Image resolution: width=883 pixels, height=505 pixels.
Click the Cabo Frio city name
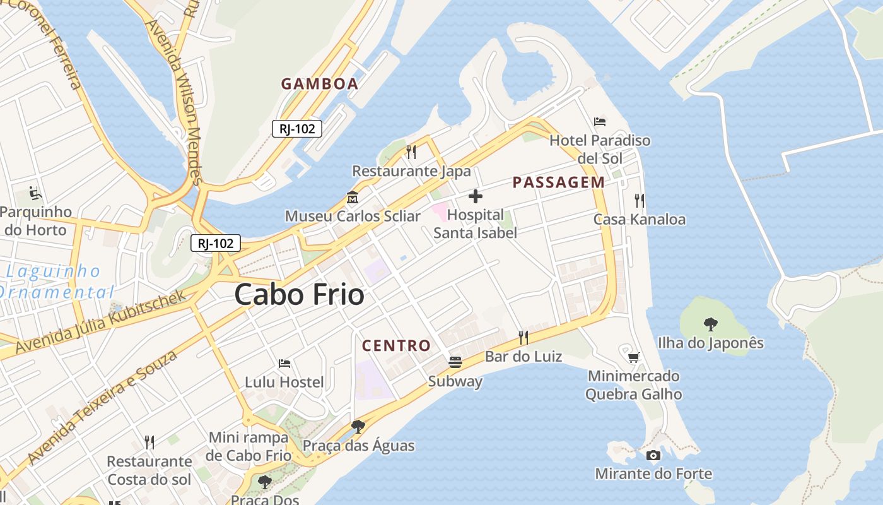[x=299, y=295]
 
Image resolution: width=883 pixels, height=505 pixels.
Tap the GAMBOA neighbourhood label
[x=319, y=84]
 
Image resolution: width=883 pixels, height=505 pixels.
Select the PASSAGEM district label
[x=558, y=182]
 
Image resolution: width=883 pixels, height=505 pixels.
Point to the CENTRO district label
[x=396, y=345]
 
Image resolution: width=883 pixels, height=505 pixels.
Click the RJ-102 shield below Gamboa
[x=297, y=129]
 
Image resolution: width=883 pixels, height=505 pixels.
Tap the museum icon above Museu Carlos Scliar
[x=352, y=198]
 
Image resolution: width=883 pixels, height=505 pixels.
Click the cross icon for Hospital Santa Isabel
[x=476, y=196]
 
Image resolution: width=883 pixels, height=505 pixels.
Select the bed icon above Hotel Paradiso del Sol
[x=600, y=121]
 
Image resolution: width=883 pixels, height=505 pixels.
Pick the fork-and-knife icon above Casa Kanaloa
[x=640, y=201]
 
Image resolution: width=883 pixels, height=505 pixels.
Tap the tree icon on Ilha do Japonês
[x=711, y=324]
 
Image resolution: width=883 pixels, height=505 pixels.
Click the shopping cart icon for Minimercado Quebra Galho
[x=634, y=357]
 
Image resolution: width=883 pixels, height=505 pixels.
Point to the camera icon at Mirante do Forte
[x=653, y=455]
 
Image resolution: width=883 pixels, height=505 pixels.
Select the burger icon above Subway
[x=455, y=362]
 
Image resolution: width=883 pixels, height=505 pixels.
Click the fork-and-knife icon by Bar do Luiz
[x=523, y=337]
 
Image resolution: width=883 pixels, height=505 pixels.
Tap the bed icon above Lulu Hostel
[x=284, y=364]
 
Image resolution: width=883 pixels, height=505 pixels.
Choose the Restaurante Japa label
[x=411, y=171]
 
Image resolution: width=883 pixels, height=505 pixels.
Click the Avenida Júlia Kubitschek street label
[x=101, y=321]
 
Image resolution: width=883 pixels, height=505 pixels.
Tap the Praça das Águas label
[x=358, y=446]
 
